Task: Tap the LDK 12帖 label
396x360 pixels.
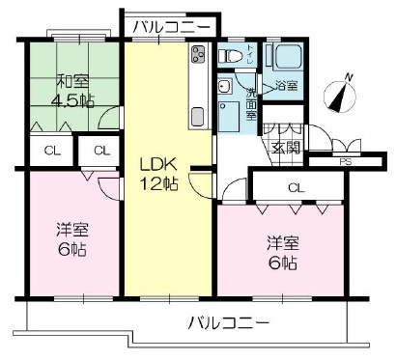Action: click(158, 172)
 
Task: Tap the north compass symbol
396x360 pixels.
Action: click(337, 97)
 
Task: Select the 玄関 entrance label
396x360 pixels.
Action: click(286, 149)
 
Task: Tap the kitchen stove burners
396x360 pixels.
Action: click(199, 53)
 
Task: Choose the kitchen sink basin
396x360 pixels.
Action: click(198, 115)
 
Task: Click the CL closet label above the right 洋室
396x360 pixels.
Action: click(296, 187)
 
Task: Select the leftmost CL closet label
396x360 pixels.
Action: click(46, 150)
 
